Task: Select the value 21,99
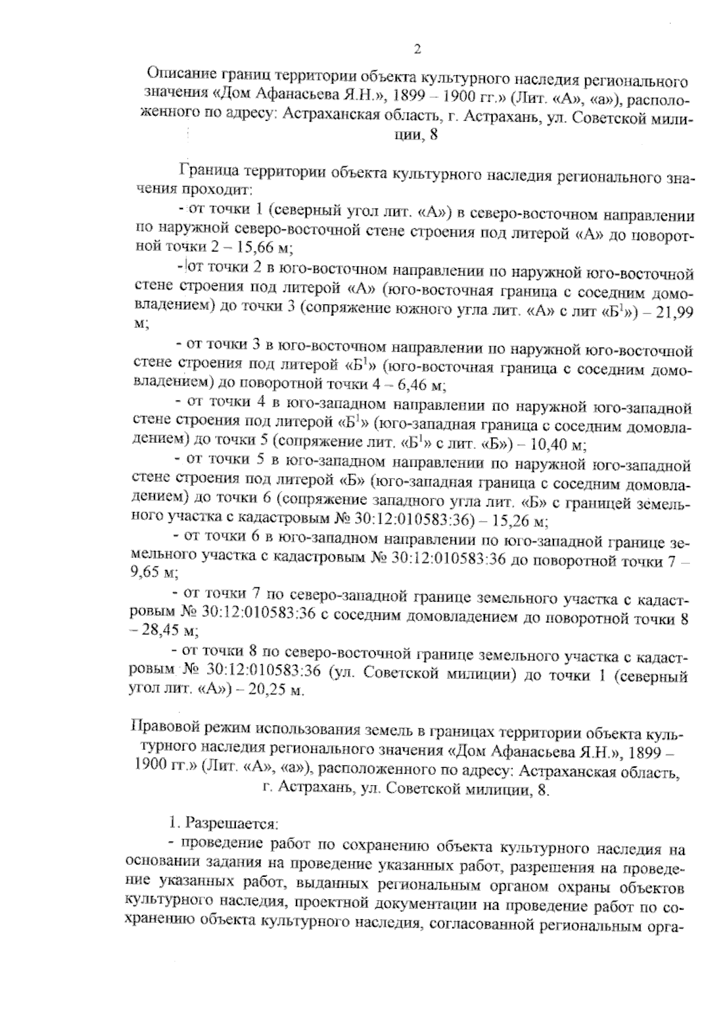click(673, 312)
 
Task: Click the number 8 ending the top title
click(433, 135)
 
